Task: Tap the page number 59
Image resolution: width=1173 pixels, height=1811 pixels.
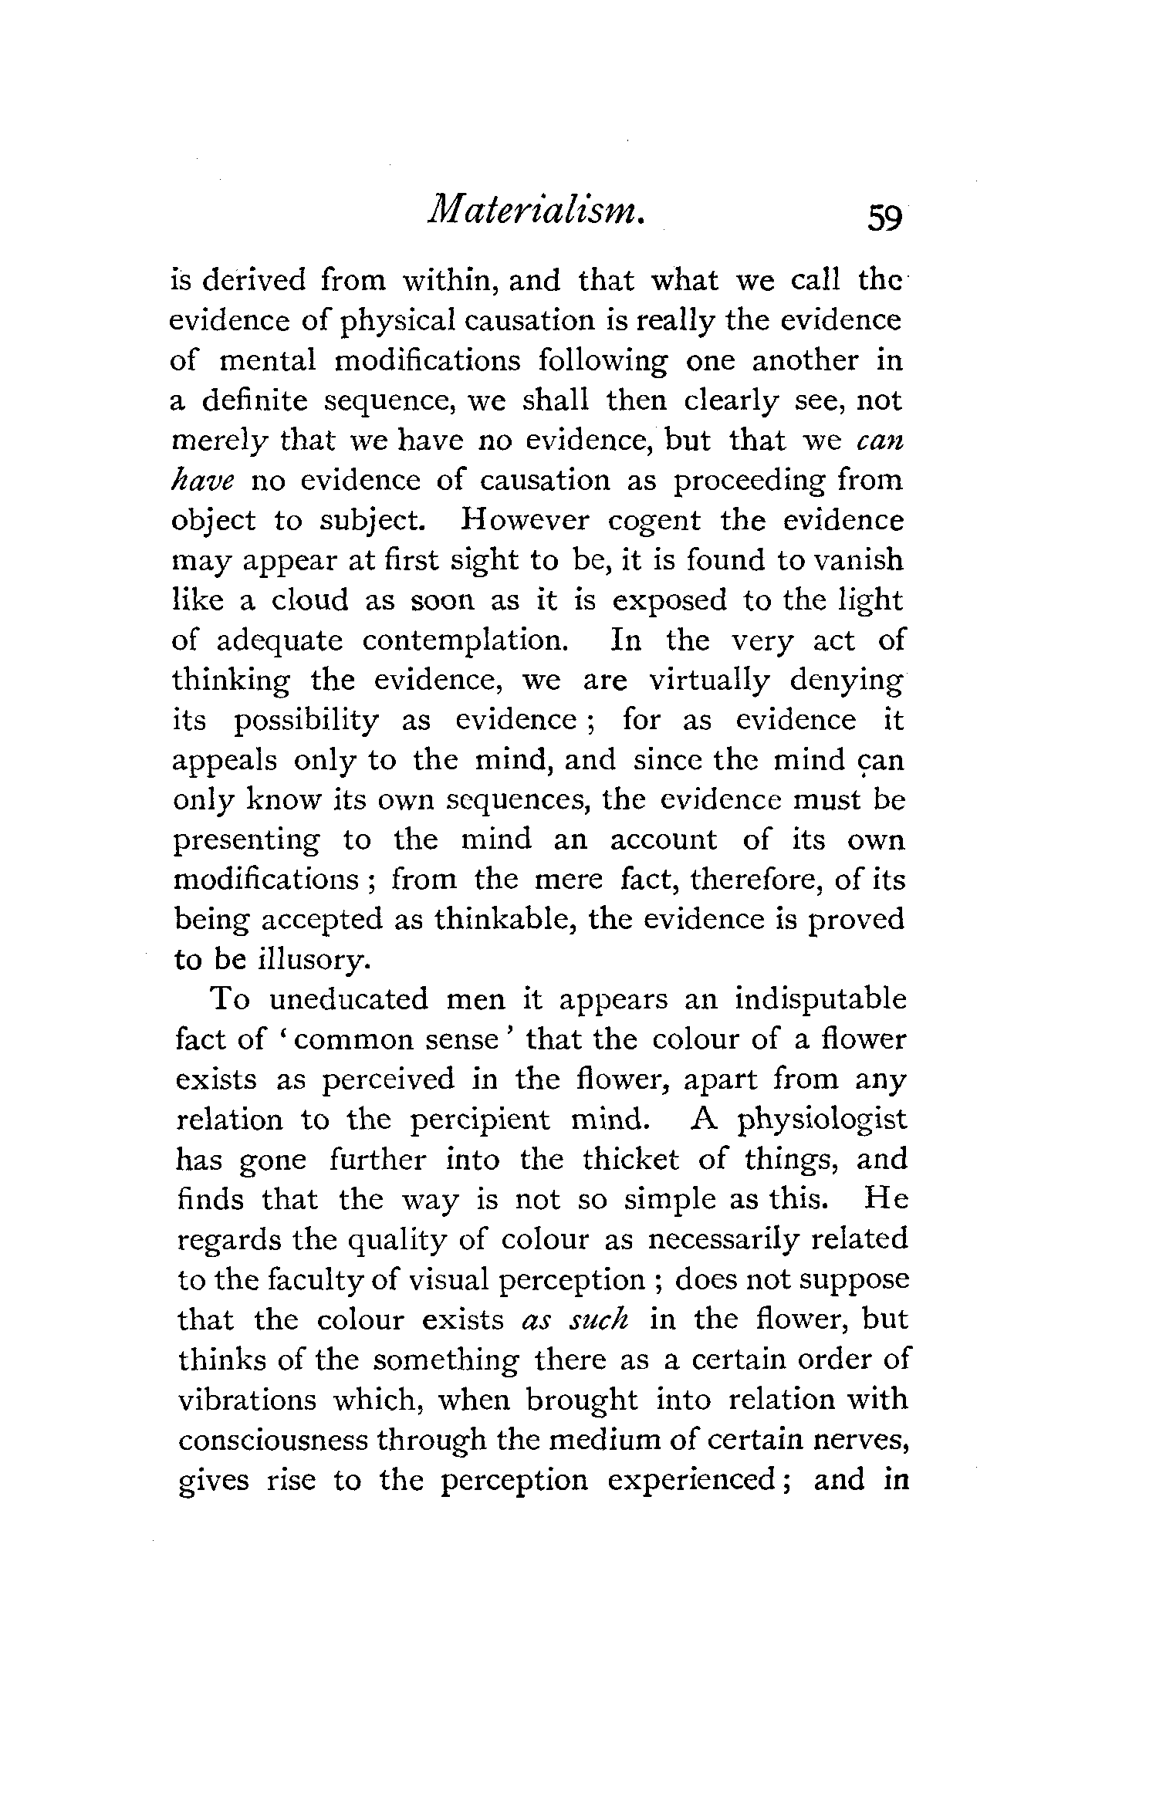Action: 884,218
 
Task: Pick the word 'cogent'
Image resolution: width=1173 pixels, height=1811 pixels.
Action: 654,520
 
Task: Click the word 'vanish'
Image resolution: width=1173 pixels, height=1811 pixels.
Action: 857,560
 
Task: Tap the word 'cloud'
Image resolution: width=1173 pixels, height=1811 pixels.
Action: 299,600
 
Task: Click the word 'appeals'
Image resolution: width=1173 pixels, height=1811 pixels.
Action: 223,761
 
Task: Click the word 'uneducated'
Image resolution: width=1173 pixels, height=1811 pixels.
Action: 348,999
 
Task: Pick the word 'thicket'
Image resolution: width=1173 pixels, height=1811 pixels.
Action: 630,1160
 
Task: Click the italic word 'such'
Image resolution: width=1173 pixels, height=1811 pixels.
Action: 600,1319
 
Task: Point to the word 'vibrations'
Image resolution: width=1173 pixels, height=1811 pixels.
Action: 246,1399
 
